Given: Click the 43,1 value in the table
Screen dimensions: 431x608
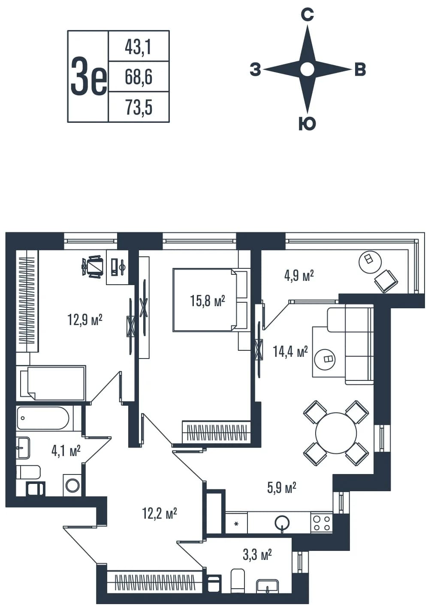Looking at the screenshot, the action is click(138, 46).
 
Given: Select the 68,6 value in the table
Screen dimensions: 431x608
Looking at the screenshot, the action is click(138, 77).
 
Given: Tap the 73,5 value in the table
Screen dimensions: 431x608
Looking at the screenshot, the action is click(139, 107).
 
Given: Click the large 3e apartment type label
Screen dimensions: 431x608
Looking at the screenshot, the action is click(89, 76).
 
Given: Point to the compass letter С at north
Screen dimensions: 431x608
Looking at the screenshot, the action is click(307, 15).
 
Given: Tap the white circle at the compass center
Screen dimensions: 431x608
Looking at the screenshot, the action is click(307, 69).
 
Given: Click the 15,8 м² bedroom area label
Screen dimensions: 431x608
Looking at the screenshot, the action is click(208, 301).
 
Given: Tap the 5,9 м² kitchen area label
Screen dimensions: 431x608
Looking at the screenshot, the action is click(281, 488).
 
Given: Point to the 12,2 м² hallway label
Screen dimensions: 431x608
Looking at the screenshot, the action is click(160, 514).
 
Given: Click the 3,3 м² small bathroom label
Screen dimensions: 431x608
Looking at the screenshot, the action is click(257, 554).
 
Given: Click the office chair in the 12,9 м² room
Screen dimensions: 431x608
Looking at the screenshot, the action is click(93, 267).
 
